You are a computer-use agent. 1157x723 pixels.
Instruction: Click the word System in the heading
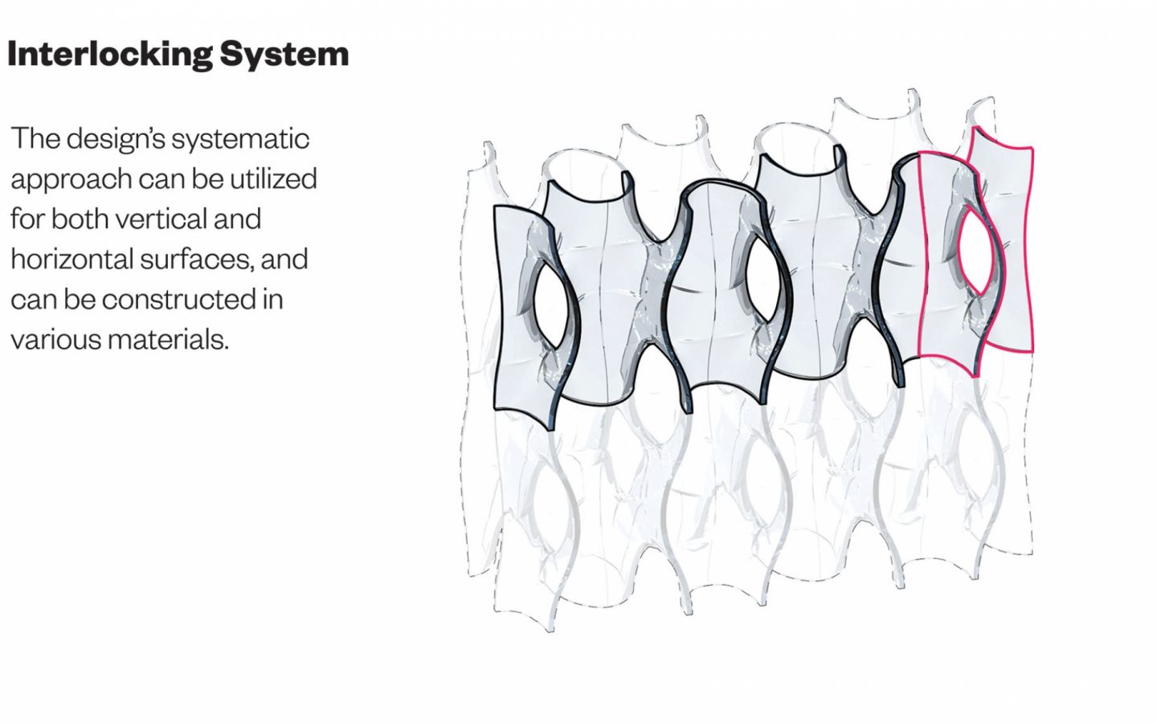pyautogui.click(x=284, y=55)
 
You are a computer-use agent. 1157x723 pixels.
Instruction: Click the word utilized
pyautogui.click(x=273, y=179)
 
